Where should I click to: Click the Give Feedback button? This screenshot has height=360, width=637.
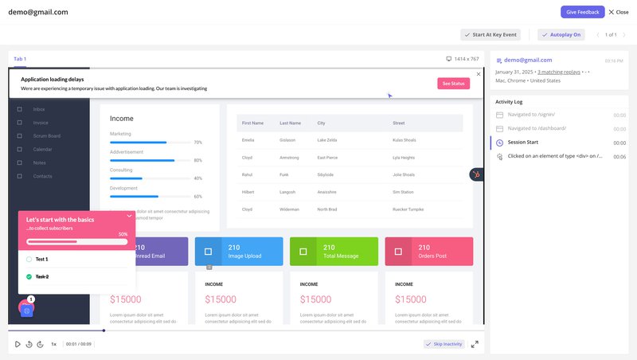point(582,12)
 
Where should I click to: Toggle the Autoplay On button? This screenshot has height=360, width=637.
point(562,35)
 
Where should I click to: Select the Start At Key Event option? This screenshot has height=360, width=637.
point(490,35)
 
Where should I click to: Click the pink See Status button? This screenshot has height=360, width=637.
point(453,84)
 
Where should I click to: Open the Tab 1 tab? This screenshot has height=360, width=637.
point(20,59)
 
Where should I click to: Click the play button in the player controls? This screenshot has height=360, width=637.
point(17,344)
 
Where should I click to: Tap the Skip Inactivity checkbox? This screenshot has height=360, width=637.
point(444,344)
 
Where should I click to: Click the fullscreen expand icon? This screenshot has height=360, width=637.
point(475,344)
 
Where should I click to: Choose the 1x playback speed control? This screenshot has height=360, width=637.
point(53,344)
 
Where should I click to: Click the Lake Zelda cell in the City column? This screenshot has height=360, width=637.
point(326,140)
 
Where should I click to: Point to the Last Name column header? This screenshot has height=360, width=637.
point(289,123)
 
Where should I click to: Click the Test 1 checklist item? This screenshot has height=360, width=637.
point(42,259)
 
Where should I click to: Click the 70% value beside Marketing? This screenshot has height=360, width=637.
point(197,143)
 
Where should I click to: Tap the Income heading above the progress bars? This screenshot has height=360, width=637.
point(122,119)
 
